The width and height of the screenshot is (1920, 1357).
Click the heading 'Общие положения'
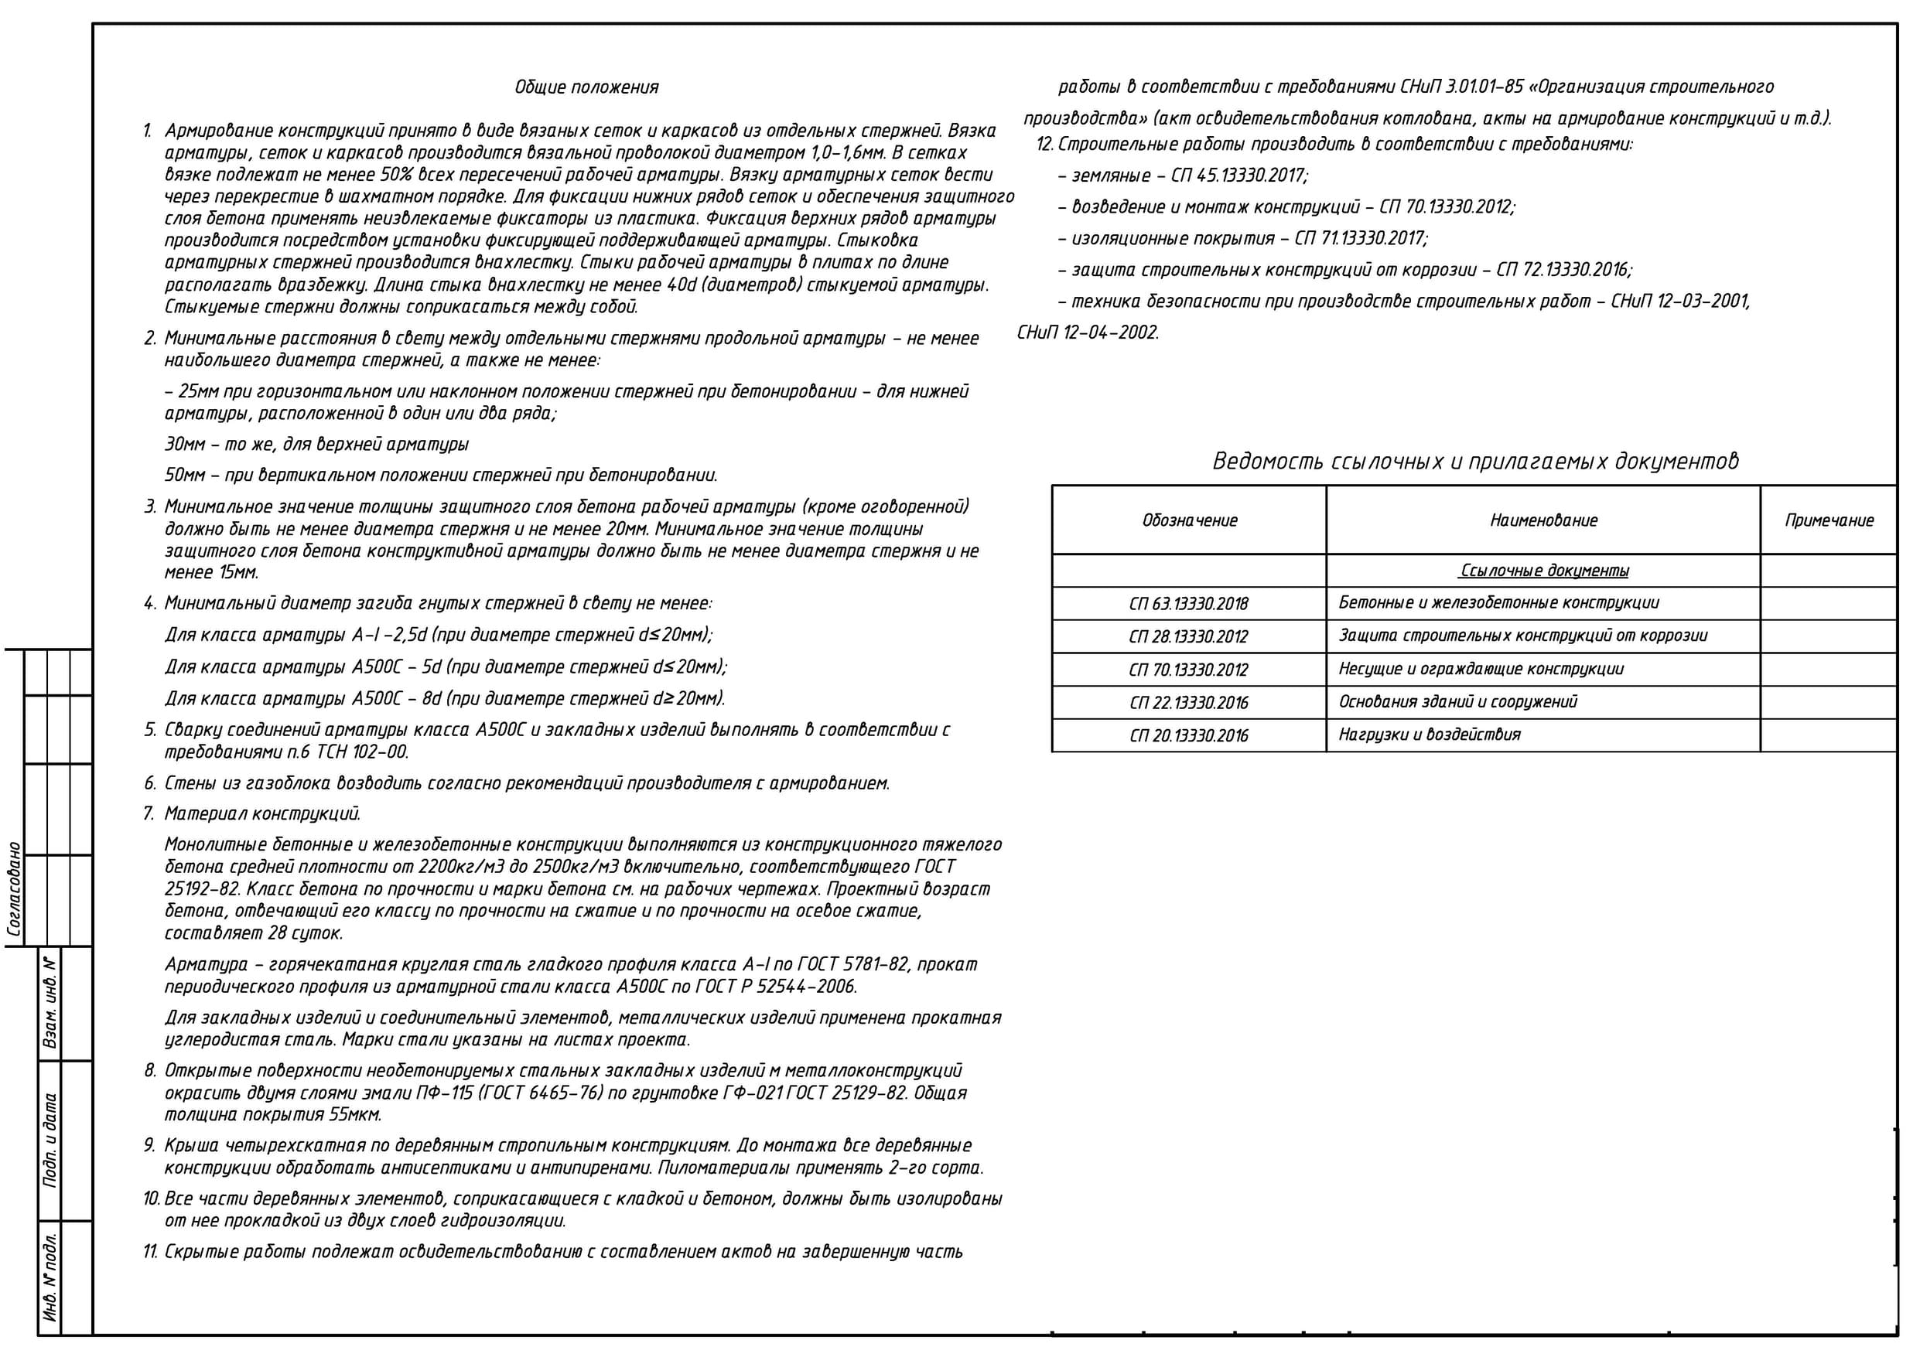tap(586, 87)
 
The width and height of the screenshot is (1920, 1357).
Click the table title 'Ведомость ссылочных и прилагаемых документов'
tap(1475, 461)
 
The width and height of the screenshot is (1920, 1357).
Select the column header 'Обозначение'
tap(1189, 520)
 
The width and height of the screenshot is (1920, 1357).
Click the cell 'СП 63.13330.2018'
tap(1188, 604)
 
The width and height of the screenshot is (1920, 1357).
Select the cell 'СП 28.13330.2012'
tap(1188, 636)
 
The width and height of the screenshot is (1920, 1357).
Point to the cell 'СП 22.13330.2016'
tap(1188, 702)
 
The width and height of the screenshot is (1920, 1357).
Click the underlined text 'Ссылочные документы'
tap(1544, 571)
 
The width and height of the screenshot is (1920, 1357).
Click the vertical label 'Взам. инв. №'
tap(50, 1004)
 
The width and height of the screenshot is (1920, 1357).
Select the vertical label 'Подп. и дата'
tap(50, 1140)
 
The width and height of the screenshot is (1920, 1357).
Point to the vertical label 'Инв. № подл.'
tap(50, 1277)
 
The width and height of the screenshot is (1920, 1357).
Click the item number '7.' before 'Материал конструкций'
tap(149, 813)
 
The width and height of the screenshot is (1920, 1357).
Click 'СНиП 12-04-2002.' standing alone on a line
tap(1088, 332)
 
